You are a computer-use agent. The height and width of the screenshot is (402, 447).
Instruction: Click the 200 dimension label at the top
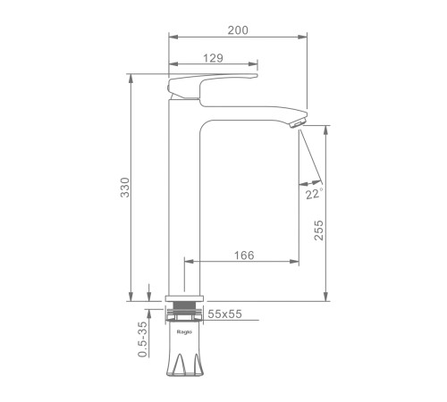(x=238, y=30)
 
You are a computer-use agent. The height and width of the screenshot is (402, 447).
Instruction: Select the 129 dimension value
(x=213, y=58)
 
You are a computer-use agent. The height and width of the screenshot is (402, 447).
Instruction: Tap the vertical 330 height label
(x=125, y=188)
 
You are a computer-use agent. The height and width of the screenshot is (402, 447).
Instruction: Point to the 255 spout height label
(x=318, y=230)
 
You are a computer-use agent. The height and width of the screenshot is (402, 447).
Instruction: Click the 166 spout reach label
(x=244, y=255)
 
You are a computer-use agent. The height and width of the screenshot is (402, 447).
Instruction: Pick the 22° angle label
(x=315, y=194)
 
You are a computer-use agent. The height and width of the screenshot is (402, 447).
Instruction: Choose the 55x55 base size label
(x=224, y=314)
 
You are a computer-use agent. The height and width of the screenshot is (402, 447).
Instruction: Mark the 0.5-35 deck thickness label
(x=143, y=339)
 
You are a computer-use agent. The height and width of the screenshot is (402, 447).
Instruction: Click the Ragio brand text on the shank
(x=184, y=332)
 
